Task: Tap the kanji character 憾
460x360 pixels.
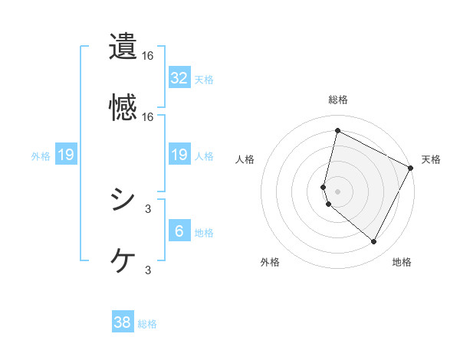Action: (123, 106)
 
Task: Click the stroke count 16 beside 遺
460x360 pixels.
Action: (148, 57)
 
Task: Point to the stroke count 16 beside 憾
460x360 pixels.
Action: (148, 116)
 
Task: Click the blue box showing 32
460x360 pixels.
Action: (179, 78)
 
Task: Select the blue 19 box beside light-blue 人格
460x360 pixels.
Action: (179, 155)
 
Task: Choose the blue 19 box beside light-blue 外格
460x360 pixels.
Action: (66, 155)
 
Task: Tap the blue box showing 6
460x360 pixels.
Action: (179, 231)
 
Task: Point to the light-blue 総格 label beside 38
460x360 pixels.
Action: (147, 324)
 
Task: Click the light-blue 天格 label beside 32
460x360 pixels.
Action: (204, 80)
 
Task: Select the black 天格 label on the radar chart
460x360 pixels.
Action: (431, 159)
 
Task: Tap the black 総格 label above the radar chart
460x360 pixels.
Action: (337, 100)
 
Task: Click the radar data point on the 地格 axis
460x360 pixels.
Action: (373, 241)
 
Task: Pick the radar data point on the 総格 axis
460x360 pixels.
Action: (337, 131)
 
